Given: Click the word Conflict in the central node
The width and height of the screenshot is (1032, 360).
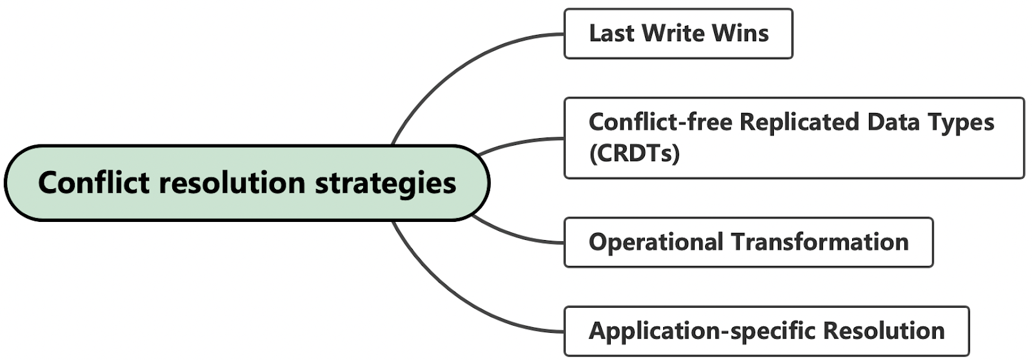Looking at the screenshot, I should click(x=94, y=183).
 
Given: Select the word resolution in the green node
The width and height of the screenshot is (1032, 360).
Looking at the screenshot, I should click(x=232, y=183).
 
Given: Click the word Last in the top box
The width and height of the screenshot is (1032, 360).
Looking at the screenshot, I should click(x=611, y=34).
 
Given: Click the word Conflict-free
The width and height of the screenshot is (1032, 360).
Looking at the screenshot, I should click(x=660, y=122).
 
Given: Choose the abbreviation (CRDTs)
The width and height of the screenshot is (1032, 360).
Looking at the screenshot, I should click(x=634, y=154).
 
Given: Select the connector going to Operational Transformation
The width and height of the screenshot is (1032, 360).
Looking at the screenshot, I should click(x=516, y=237).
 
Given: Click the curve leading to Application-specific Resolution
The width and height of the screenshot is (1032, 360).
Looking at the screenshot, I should click(x=451, y=297).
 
